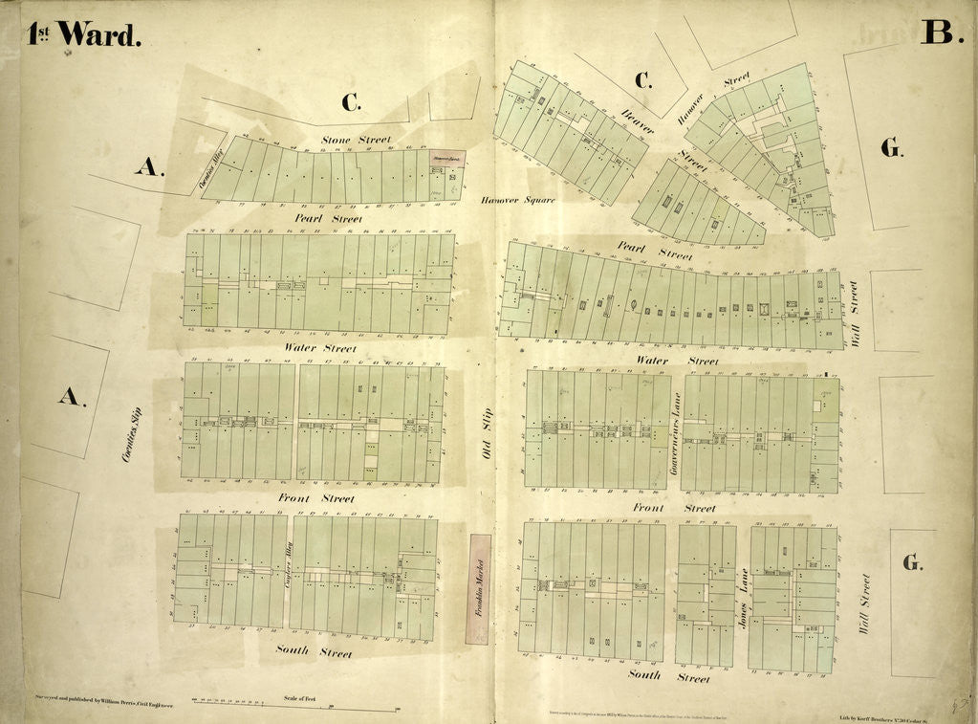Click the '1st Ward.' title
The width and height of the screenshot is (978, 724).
click(85, 33)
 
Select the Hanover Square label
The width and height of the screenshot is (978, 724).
click(517, 200)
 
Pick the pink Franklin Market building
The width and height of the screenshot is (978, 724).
click(481, 588)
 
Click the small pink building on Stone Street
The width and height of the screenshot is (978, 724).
click(446, 160)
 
